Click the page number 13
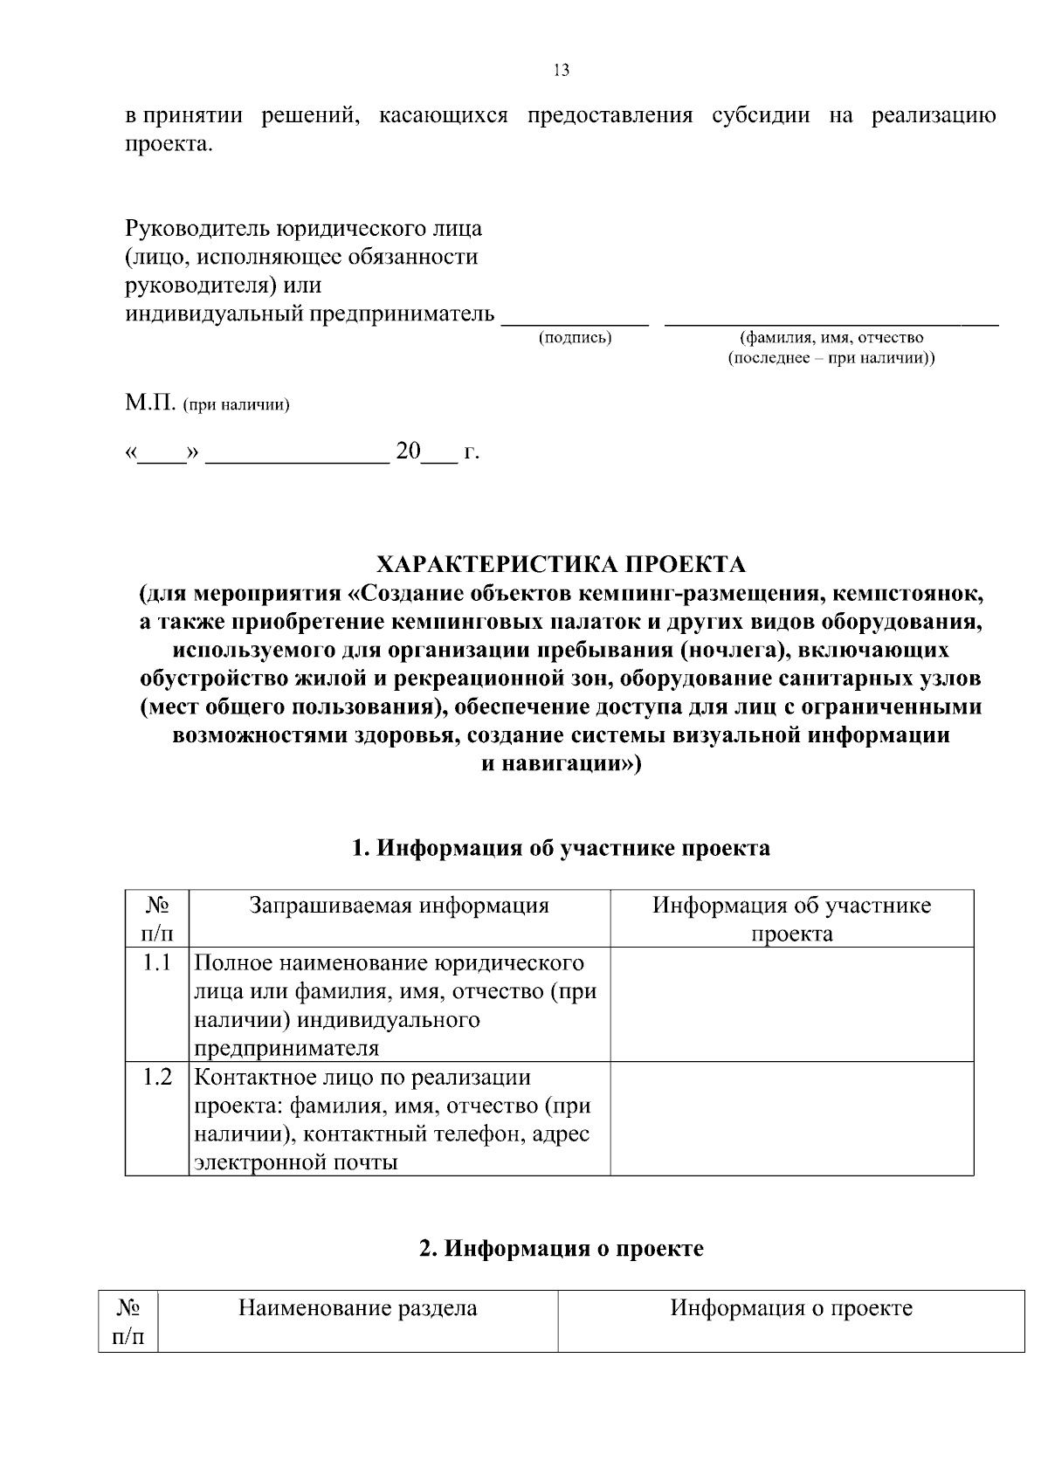pos(562,71)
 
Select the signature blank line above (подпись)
pos(575,324)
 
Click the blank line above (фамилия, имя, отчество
pos(831,324)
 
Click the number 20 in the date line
pos(408,451)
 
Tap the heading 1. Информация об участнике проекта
pos(561,848)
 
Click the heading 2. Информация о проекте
pos(561,1249)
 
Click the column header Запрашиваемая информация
pos(399,906)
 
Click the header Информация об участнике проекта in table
pos(791,919)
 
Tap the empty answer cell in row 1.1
pos(791,1004)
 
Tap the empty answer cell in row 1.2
pos(791,1119)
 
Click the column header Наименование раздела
pos(358,1308)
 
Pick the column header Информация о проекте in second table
pos(791,1308)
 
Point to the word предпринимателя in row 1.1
pos(286,1048)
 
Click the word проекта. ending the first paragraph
pos(169,144)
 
